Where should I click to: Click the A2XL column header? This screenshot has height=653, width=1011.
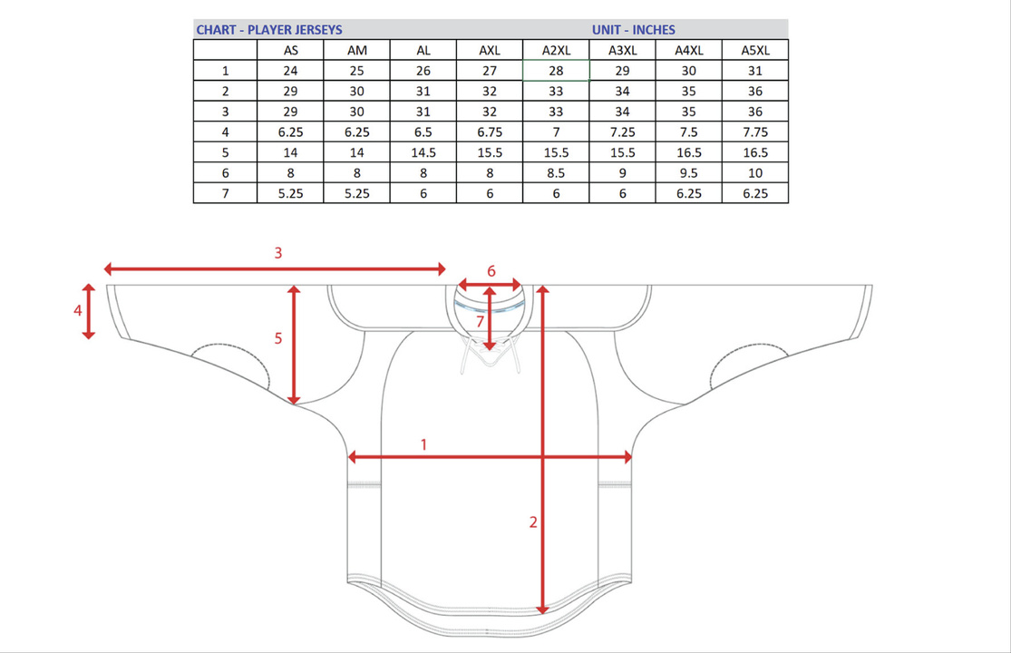556,50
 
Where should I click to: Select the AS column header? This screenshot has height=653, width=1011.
291,50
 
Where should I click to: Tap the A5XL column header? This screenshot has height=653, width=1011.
755,50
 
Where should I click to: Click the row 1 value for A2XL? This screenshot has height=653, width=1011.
556,71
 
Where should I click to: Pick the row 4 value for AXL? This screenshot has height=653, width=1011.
490,132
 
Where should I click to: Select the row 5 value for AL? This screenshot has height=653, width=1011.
423,152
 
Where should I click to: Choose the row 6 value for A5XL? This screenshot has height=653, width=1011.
755,173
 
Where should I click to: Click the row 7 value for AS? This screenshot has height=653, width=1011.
291,193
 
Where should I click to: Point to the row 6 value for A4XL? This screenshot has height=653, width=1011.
688,173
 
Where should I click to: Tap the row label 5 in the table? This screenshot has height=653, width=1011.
225,152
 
